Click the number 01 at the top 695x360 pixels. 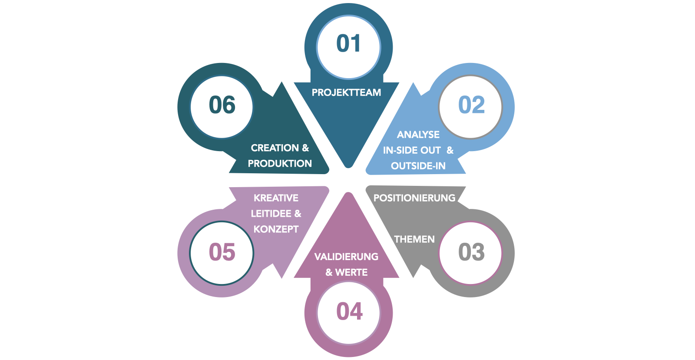click(x=348, y=44)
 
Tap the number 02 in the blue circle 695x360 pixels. click(x=471, y=105)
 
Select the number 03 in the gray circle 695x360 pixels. click(x=471, y=252)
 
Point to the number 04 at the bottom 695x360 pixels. click(x=349, y=311)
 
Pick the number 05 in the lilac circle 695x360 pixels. click(x=222, y=252)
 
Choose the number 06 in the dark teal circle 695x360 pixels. click(x=222, y=105)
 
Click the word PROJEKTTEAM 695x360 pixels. click(x=346, y=92)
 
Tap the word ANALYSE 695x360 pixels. click(x=418, y=135)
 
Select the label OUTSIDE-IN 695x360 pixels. click(x=418, y=166)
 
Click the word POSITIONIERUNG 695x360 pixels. click(x=414, y=198)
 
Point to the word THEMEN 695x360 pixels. click(x=414, y=239)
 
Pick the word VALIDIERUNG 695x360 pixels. click(x=346, y=257)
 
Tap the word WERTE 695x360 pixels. click(x=351, y=272)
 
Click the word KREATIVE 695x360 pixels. click(x=276, y=198)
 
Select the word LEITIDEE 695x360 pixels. click(x=271, y=214)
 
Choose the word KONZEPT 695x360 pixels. click(x=276, y=229)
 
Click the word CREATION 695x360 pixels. click(x=275, y=148)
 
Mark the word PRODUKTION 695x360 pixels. click(x=280, y=164)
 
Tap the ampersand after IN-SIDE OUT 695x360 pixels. click(x=450, y=150)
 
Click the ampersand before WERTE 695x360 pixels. click(x=329, y=272)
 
